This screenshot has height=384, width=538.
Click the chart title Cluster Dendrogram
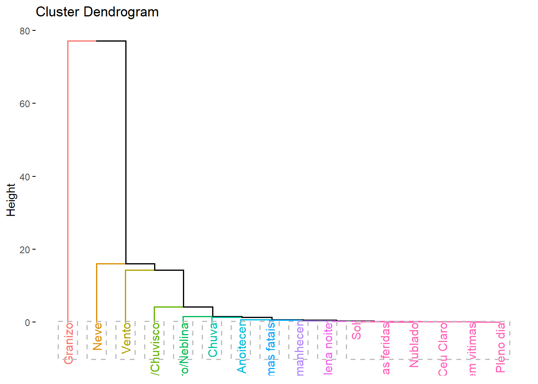[97, 12]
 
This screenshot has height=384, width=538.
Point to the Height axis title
[11, 200]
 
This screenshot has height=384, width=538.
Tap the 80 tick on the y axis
[25, 31]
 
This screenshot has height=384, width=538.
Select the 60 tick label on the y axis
[25, 104]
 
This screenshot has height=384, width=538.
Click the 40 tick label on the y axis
[25, 177]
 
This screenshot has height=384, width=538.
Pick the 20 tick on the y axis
[25, 250]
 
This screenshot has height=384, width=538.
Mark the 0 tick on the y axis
[27, 322]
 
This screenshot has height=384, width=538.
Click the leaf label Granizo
[68, 343]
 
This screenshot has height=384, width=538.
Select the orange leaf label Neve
[97, 336]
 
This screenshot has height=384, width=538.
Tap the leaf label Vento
[126, 338]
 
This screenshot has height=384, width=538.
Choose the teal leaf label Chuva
[213, 340]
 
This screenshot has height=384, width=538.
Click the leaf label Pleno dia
[500, 347]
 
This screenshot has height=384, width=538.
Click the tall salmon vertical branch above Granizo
[68, 180]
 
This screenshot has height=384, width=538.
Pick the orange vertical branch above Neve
[97, 292]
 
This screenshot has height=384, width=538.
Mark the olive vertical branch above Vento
[126, 296]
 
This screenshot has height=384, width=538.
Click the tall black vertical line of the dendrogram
[126, 152]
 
